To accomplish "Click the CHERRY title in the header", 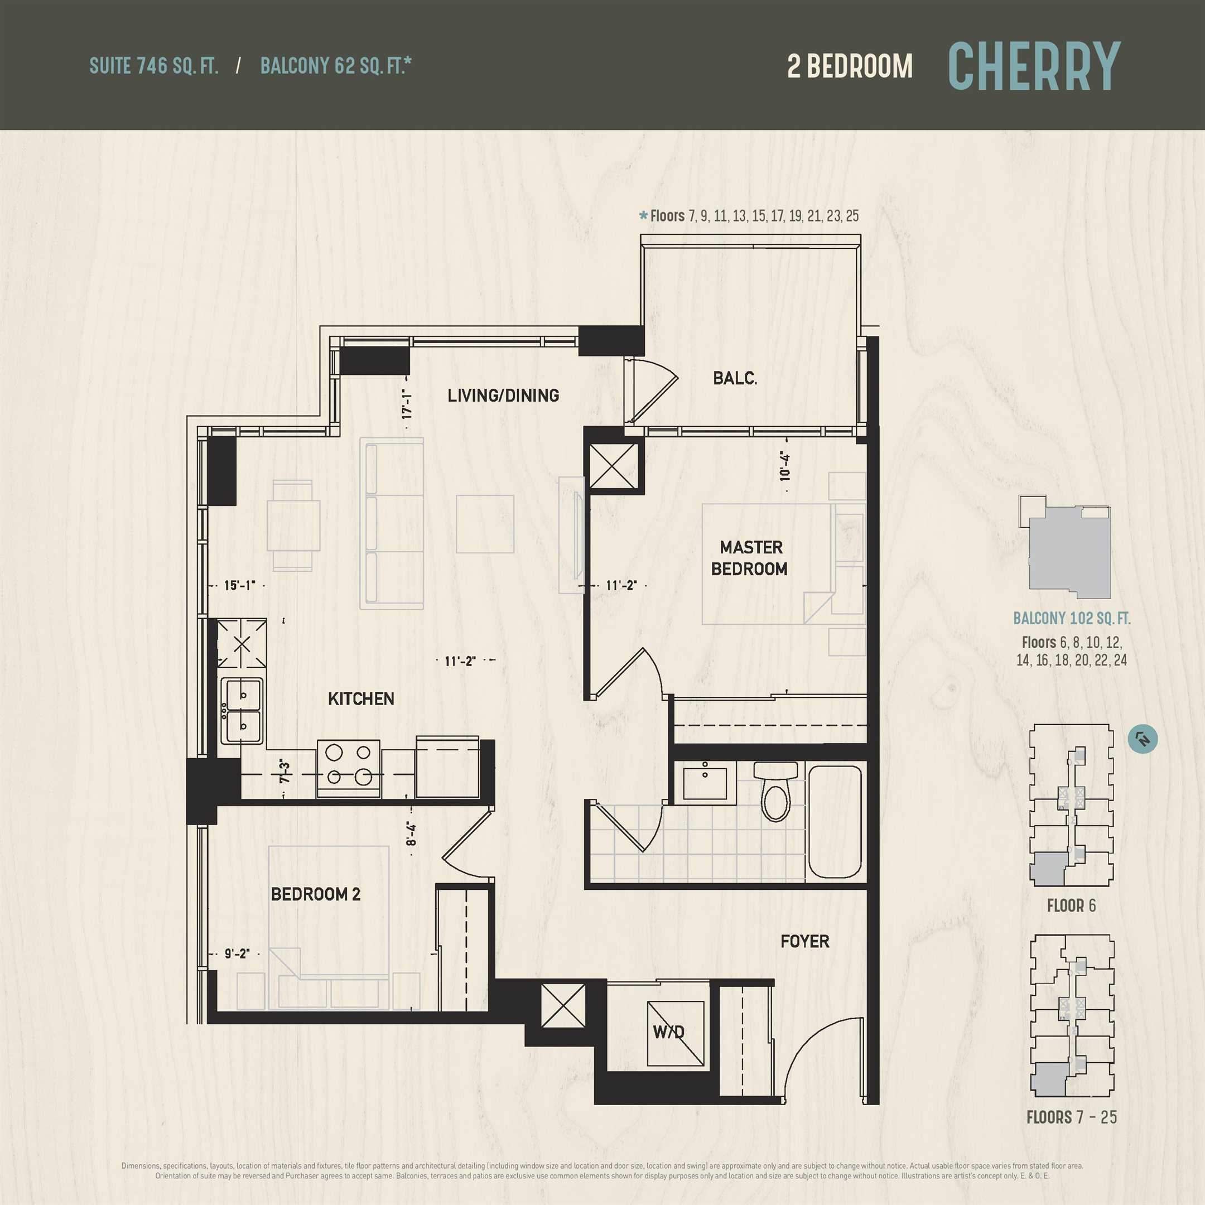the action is [1034, 66].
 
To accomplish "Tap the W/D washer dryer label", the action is [669, 1032].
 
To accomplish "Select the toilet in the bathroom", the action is [776, 791].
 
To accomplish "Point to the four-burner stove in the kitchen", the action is [349, 768].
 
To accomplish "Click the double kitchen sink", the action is [242, 711].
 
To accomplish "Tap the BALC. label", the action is [735, 378].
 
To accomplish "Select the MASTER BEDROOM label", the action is [750, 558].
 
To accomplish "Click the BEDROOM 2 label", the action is [316, 894].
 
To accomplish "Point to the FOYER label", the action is [805, 941].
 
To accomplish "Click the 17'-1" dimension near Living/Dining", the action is [407, 403].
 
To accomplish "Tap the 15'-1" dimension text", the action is [239, 586].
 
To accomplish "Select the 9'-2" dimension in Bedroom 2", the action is [237, 953].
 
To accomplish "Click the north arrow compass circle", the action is [1143, 739].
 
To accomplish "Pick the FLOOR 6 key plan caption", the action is [1071, 905].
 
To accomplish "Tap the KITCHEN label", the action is [361, 698].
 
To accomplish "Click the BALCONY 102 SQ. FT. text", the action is [1072, 619].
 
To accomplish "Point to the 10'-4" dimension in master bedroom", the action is [784, 466].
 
